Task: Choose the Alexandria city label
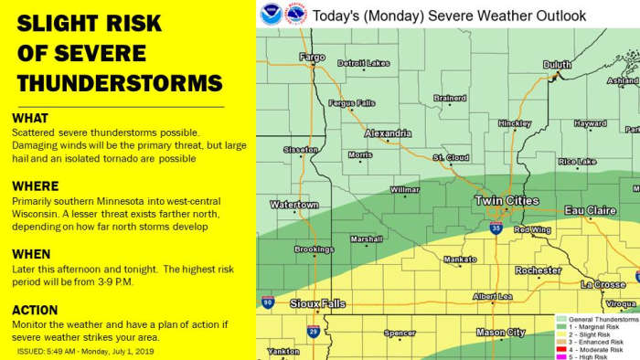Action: (x=388, y=132)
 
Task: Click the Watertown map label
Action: (x=293, y=204)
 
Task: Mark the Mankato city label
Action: (x=459, y=259)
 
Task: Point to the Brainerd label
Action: (x=450, y=98)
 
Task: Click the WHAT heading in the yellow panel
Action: (x=32, y=119)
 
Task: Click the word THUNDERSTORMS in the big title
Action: (x=119, y=83)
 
